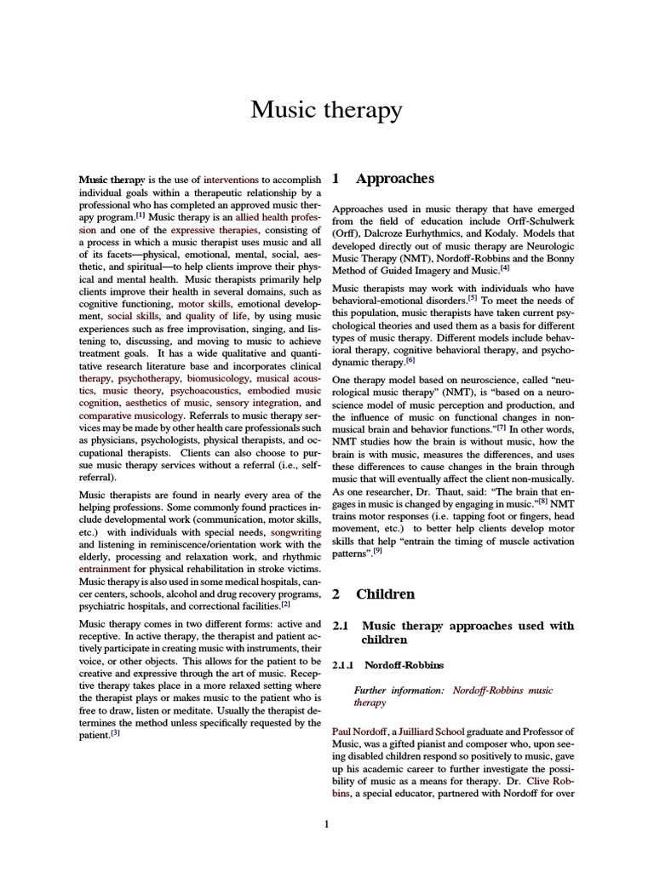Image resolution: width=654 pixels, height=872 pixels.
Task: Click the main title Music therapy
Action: pos(327,110)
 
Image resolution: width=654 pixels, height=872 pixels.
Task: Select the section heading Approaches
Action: pos(395,179)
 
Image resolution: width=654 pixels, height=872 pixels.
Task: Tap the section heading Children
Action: pos(385,594)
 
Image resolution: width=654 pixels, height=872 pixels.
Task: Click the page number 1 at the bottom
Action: pos(327,823)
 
